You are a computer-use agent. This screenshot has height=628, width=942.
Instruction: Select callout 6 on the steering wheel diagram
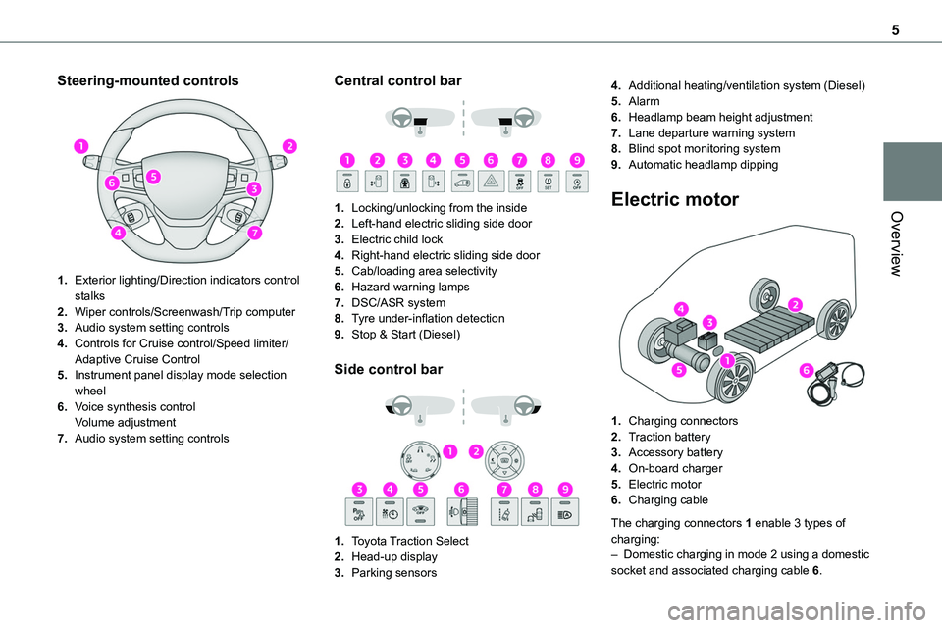pos(113,183)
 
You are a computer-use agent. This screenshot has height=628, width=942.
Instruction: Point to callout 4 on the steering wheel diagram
pos(119,234)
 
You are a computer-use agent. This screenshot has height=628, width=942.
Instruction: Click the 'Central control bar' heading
pos(397,81)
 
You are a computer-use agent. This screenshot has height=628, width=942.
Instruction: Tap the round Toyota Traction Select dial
pos(421,460)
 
